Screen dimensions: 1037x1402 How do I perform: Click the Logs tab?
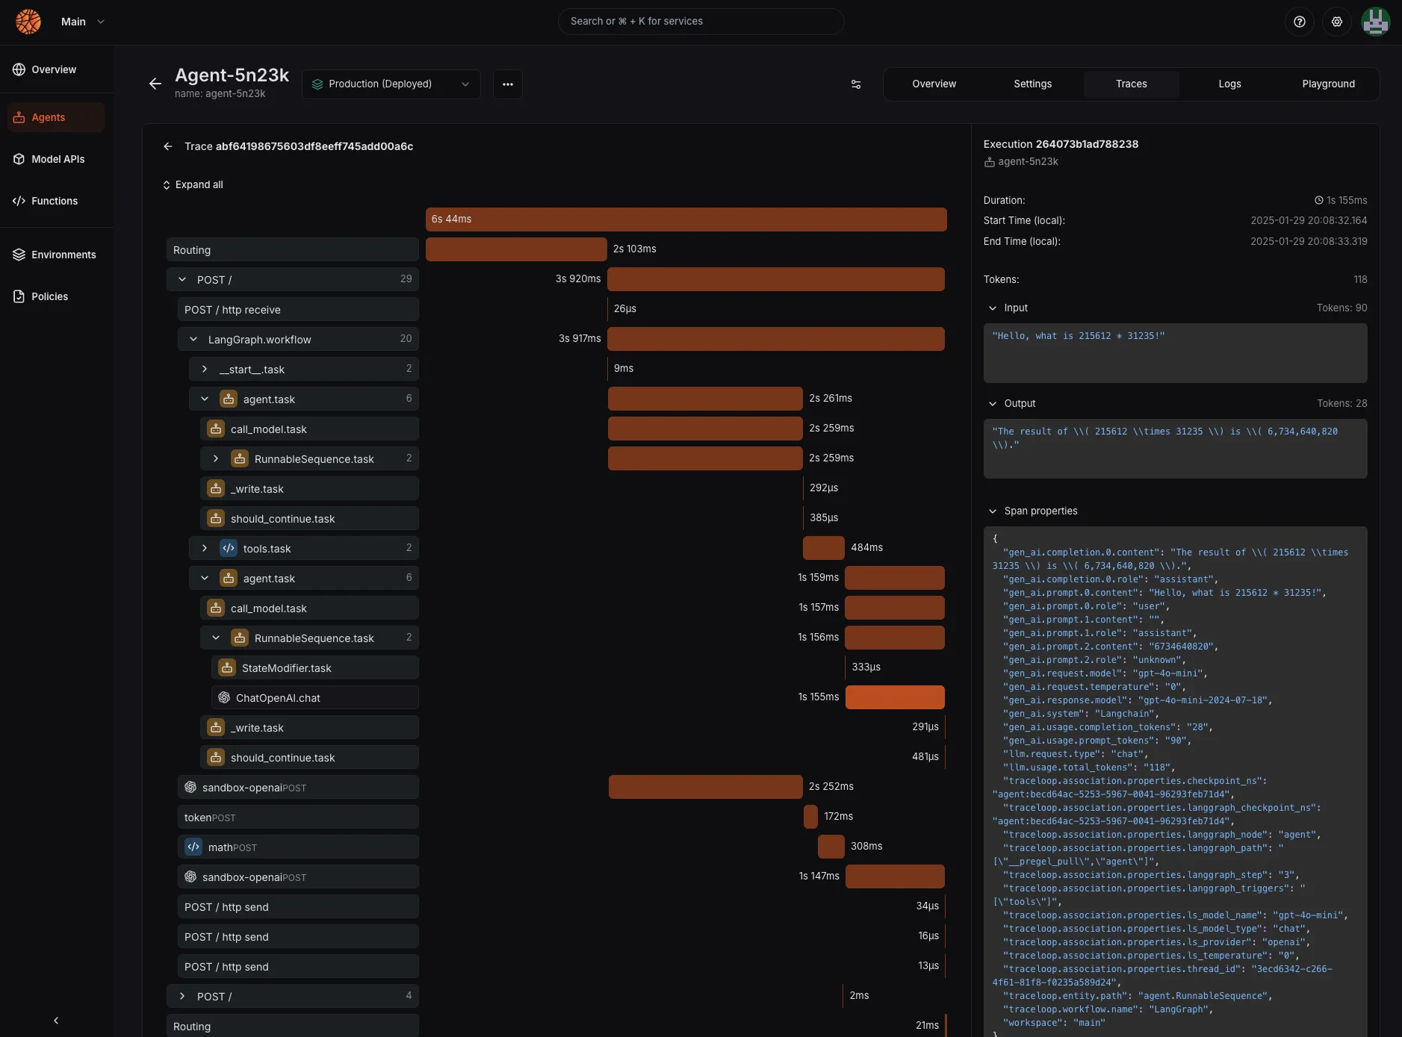click(1229, 84)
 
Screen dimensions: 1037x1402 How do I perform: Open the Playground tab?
click(1328, 84)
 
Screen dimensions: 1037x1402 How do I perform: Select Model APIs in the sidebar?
click(58, 159)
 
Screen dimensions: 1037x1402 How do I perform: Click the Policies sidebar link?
click(49, 296)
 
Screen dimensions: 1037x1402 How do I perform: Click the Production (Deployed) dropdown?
click(391, 84)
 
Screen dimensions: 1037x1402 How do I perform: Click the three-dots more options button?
click(508, 84)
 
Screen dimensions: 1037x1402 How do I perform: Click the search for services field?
click(701, 22)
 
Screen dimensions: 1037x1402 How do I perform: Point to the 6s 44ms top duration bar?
click(686, 219)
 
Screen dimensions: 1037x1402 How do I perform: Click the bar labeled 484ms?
click(823, 548)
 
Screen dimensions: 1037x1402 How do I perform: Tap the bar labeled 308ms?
click(831, 847)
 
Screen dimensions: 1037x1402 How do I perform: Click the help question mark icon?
click(1300, 22)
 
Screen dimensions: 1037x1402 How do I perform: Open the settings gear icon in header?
click(1337, 22)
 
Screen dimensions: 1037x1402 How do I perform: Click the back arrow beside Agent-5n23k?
click(155, 84)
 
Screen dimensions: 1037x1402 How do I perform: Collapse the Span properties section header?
click(1040, 511)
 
